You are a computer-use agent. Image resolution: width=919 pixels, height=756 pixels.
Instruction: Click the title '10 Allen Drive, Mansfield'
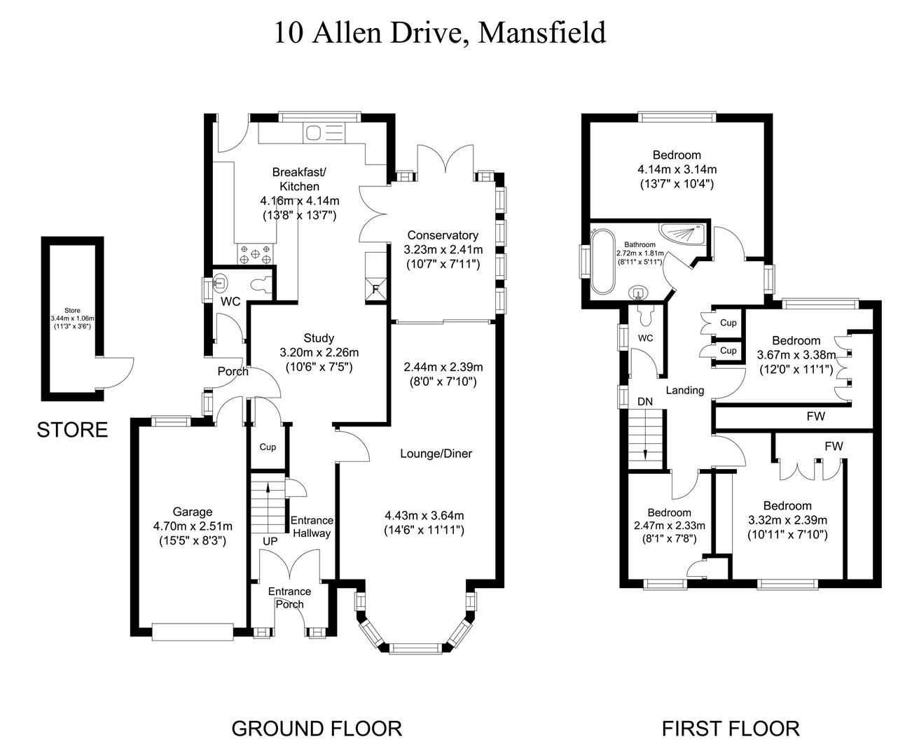440,33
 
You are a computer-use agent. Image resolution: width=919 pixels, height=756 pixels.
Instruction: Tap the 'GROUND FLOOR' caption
317,729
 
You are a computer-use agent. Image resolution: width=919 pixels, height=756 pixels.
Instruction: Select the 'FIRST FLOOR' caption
731,729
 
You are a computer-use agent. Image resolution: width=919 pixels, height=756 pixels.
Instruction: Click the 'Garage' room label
193,512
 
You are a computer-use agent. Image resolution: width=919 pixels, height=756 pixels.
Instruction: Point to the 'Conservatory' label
443,235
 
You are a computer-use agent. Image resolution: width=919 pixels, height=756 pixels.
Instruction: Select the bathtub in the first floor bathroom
602,262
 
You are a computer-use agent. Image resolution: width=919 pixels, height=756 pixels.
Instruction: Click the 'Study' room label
319,338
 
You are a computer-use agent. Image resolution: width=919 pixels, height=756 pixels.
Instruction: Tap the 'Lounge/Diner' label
436,454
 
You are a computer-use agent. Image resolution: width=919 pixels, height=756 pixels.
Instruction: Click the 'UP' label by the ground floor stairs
270,542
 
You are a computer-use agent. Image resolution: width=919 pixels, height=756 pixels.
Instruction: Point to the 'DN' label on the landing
645,402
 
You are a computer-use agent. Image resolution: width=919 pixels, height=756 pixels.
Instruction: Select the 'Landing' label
684,391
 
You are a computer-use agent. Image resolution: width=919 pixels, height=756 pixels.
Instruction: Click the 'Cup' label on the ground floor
268,447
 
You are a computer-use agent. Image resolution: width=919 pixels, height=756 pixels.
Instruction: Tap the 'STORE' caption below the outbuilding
72,430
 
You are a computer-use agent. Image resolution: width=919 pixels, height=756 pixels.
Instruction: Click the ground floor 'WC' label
230,302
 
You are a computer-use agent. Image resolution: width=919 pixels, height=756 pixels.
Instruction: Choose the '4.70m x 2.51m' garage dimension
193,526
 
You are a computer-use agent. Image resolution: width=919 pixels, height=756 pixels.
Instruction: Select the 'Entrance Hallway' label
312,527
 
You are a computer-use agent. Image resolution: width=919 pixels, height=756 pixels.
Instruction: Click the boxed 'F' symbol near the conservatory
376,288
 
